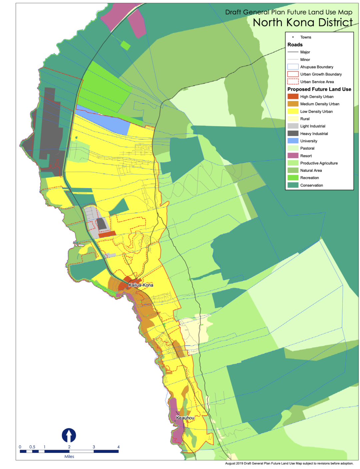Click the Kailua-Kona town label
coord(141,285)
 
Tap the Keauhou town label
coord(185,418)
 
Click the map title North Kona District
coord(303,22)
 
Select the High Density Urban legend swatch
coord(293,96)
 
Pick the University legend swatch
coord(293,141)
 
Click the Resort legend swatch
coord(293,155)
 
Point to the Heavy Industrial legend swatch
coord(293,133)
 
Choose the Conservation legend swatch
coord(293,185)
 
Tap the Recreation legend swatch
coord(293,178)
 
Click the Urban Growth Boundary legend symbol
coord(293,74)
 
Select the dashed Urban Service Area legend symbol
coord(293,81)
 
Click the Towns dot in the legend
coord(293,37)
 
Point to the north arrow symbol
coord(69,435)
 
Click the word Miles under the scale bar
coord(69,456)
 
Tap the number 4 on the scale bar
coord(118,447)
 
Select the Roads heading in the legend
coord(295,45)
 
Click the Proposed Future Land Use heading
coord(319,89)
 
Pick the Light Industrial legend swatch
coord(293,126)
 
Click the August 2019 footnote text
coord(289,463)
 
